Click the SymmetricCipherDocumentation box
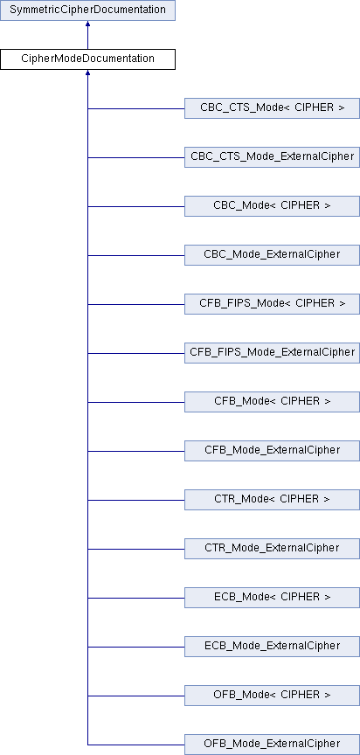[x=87, y=10]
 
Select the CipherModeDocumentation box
[x=87, y=59]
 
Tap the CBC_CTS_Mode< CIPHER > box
[x=272, y=108]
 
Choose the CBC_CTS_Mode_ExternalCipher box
[x=272, y=157]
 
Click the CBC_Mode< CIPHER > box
[x=272, y=206]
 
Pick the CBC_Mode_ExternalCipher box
[x=272, y=254]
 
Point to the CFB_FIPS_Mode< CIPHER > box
[x=272, y=304]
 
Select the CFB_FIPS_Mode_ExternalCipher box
[x=272, y=353]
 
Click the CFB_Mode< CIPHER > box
[x=272, y=402]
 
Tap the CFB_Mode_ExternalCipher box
[x=272, y=451]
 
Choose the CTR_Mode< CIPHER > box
[x=272, y=500]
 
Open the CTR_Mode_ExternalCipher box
[x=272, y=549]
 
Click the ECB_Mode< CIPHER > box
[x=272, y=598]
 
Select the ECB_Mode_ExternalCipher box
[x=272, y=646]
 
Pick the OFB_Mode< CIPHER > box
[x=272, y=696]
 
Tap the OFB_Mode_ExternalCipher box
[x=272, y=745]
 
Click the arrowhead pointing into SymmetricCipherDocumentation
[x=87, y=23]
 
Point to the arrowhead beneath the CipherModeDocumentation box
[x=87, y=73]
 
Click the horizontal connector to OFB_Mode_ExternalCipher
[x=136, y=745]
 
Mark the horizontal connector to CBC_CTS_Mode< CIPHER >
[x=136, y=108]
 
